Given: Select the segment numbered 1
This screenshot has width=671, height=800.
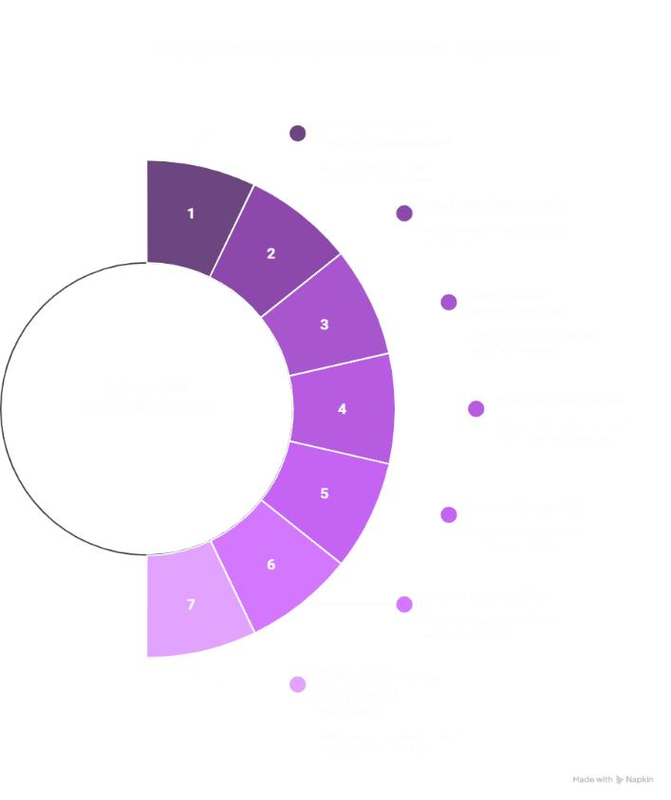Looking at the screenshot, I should [191, 213].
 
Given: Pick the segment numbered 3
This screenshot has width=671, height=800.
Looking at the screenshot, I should [324, 324].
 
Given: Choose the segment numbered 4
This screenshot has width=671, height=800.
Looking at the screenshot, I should [343, 408].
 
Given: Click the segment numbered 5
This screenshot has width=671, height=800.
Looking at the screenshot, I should [325, 493].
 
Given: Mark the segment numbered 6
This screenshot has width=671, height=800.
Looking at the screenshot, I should [271, 565].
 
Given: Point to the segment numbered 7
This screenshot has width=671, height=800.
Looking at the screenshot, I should [191, 605].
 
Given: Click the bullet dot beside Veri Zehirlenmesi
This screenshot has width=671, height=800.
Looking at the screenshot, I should [405, 213].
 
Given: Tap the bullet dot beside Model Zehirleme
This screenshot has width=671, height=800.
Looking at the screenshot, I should [475, 408].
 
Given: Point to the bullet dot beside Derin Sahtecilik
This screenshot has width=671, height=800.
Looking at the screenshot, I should [405, 604].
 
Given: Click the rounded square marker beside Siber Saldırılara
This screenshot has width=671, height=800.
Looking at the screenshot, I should [298, 684].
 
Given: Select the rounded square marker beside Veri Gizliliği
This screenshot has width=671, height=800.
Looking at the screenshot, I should [298, 133].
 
